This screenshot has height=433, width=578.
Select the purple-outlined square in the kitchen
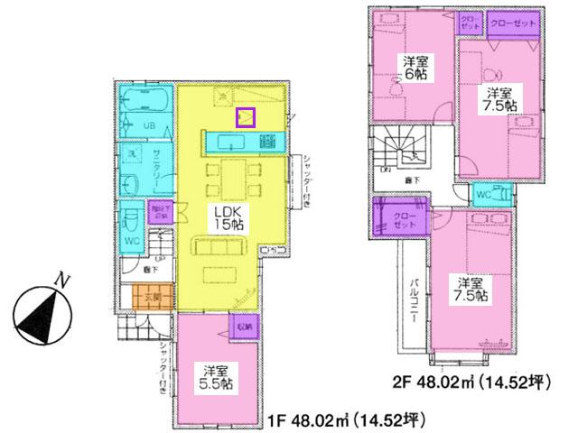click(x=245, y=116)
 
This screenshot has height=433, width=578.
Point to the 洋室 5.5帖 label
click(x=216, y=376)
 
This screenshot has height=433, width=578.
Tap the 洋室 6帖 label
click(x=415, y=67)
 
